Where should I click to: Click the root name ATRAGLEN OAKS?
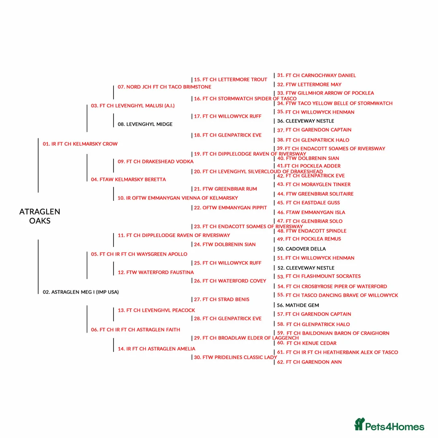[x=40, y=216]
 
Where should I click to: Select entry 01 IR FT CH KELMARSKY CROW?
[x=80, y=144]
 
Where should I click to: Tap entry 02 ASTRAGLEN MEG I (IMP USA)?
[x=81, y=292]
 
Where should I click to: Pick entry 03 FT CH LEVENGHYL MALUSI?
[x=133, y=106]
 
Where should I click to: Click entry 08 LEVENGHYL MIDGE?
[x=145, y=125]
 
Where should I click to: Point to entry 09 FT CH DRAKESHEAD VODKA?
[x=156, y=161]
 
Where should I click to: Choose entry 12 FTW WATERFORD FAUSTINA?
[x=156, y=273]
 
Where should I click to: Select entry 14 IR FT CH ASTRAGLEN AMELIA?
[x=157, y=349]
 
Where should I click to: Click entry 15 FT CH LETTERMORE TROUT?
[x=230, y=79]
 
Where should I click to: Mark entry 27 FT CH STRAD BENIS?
[x=221, y=300]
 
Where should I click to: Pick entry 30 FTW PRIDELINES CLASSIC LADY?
[x=235, y=357]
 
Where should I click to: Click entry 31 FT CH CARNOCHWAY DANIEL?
[x=316, y=75]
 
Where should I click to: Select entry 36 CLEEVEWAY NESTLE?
[x=306, y=121]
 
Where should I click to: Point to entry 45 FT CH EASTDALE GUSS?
[x=309, y=203]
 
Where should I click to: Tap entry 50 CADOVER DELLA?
[x=301, y=249]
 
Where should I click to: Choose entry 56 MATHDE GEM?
[x=298, y=305]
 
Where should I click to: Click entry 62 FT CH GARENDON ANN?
[x=309, y=362]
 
